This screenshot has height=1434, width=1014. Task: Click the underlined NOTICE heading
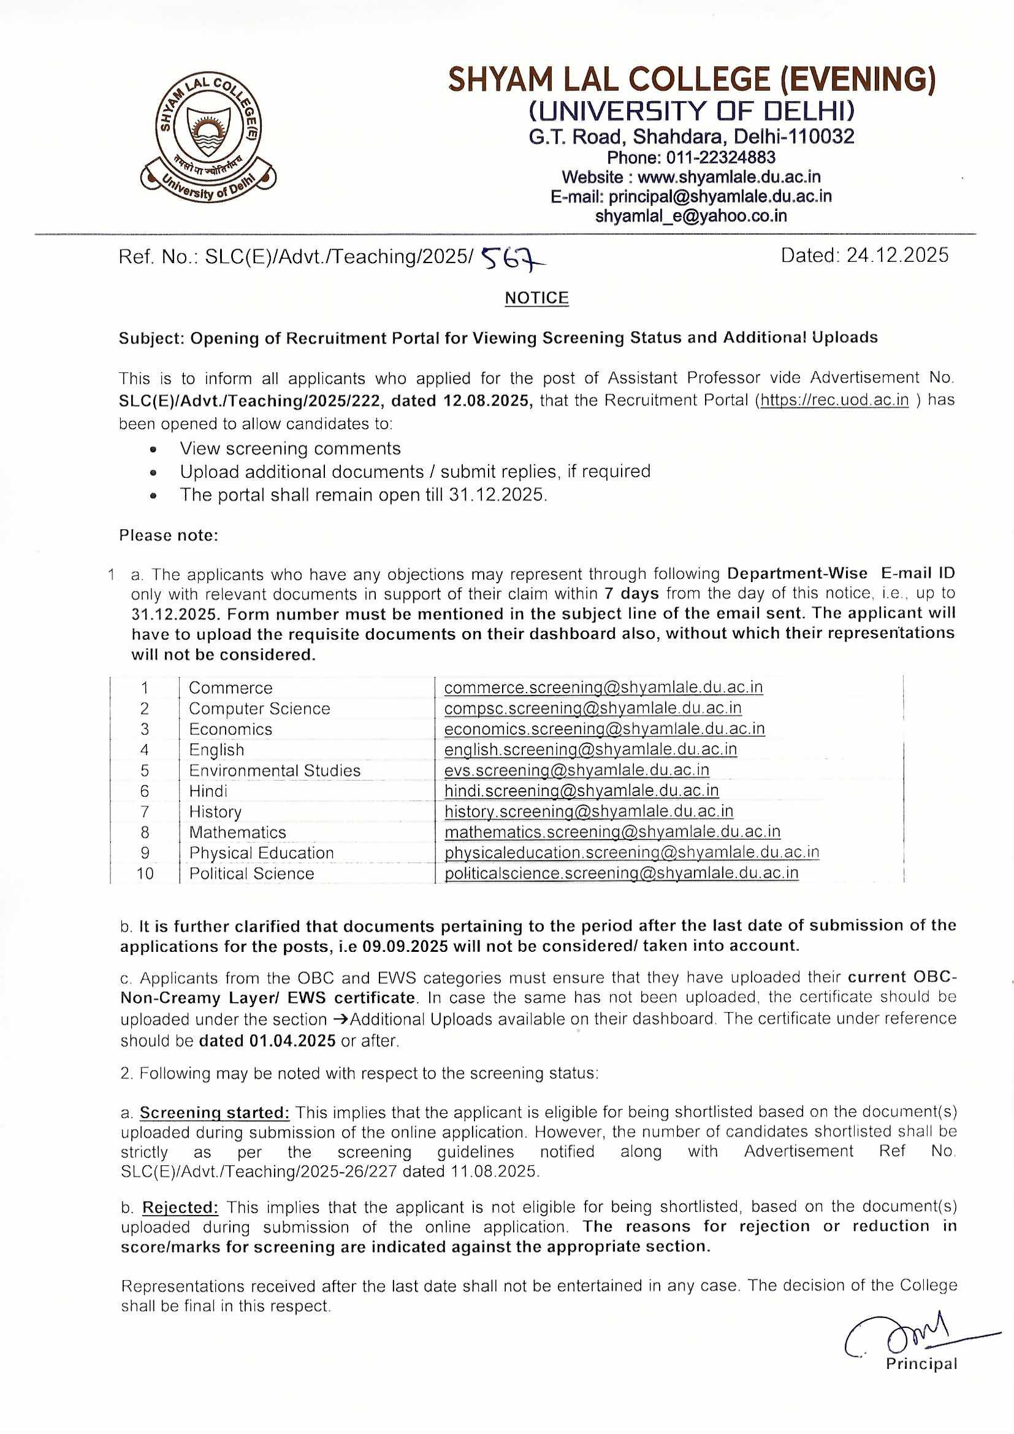(536, 298)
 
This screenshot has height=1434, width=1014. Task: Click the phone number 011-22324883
(720, 158)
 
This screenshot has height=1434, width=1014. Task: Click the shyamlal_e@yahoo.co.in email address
(690, 216)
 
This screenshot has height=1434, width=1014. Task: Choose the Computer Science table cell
(259, 709)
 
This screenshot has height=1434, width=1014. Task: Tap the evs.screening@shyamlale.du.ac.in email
(576, 770)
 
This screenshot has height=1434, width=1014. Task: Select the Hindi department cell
(208, 791)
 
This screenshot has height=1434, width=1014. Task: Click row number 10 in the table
(145, 873)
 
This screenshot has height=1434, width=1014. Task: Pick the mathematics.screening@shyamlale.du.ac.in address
(612, 832)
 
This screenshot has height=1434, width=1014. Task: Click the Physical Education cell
(261, 853)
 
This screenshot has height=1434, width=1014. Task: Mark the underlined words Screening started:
(214, 1113)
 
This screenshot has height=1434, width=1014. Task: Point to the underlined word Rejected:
(180, 1207)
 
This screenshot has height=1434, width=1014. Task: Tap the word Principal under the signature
(921, 1364)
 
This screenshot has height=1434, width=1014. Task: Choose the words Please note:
(169, 535)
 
